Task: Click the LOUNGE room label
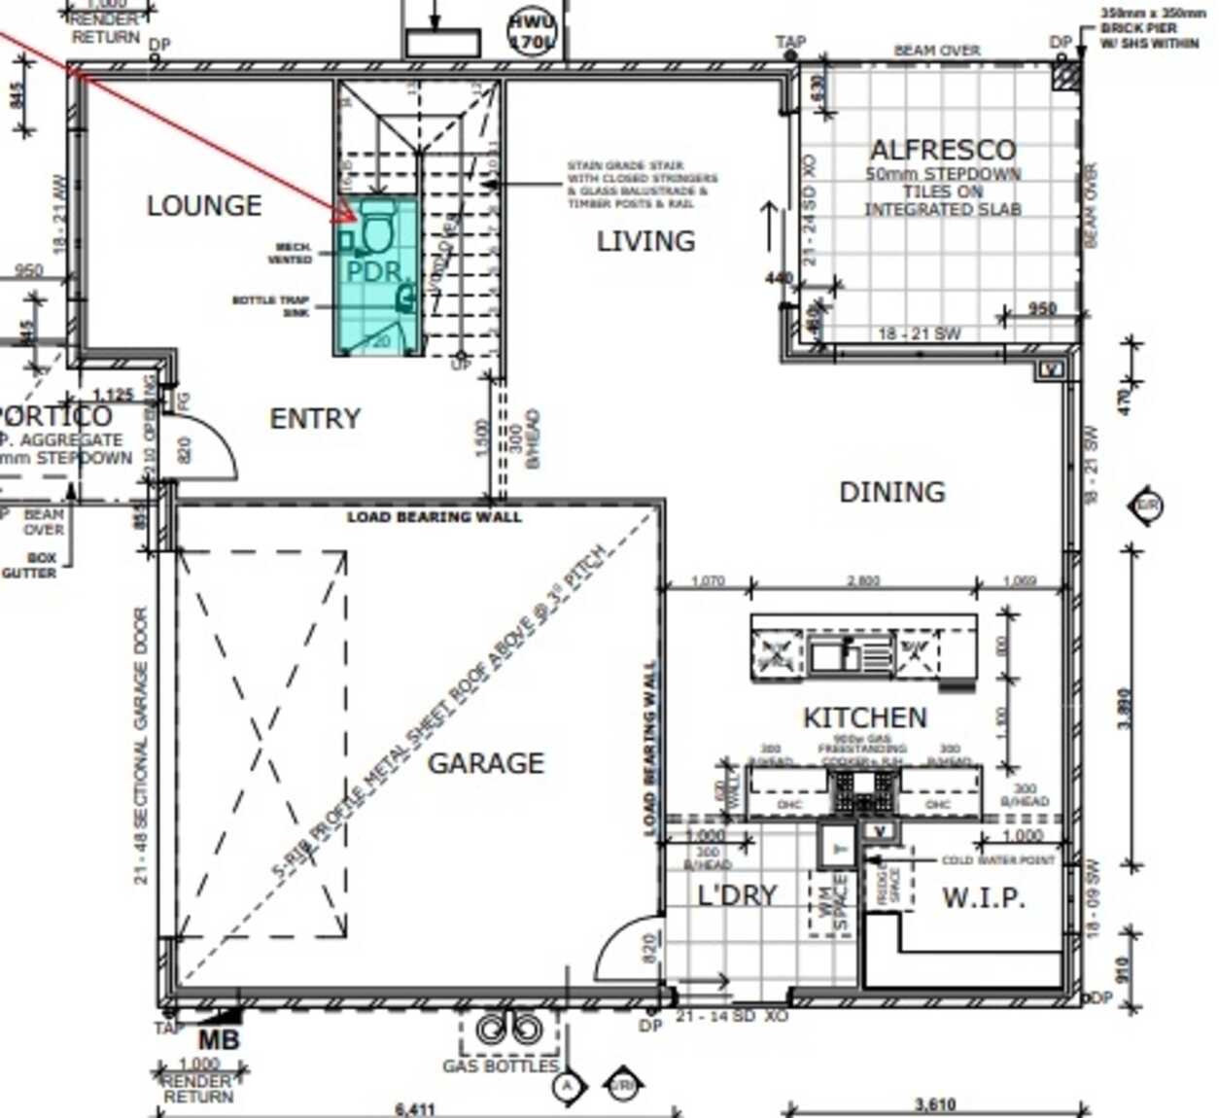[204, 206]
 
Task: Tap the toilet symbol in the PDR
[375, 229]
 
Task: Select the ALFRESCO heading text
[942, 150]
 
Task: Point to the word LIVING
[645, 241]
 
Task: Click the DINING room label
[891, 492]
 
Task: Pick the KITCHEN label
[864, 718]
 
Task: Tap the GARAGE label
[485, 763]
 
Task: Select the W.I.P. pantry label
[983, 897]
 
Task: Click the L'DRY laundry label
[737, 895]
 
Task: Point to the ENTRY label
[314, 419]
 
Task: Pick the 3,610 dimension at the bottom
[934, 1105]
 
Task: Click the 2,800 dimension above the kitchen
[863, 581]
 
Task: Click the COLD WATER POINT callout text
[997, 860]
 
